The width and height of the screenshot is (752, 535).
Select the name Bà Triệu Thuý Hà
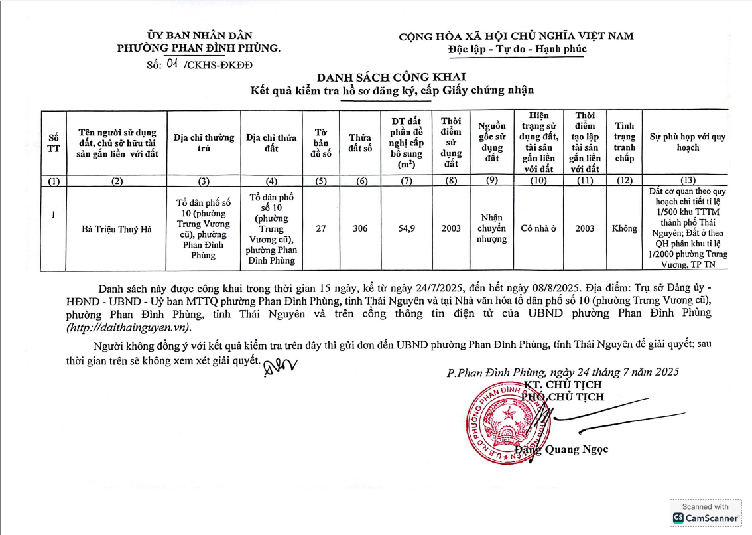(x=117, y=229)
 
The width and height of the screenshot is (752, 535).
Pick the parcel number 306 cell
(x=360, y=228)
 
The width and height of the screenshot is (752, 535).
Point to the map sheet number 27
(x=321, y=228)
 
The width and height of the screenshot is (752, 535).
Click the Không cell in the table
(x=625, y=228)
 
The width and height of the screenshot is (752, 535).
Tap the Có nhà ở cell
(x=538, y=228)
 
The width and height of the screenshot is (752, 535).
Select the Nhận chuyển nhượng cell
(x=491, y=228)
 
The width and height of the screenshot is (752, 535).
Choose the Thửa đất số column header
(x=360, y=143)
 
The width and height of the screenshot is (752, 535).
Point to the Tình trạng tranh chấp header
(x=625, y=142)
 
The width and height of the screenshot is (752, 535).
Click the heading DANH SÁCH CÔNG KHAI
(x=391, y=77)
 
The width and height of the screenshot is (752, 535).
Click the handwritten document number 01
(x=172, y=64)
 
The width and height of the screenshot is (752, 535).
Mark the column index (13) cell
(x=688, y=181)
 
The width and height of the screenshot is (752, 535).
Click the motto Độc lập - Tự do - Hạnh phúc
(x=517, y=49)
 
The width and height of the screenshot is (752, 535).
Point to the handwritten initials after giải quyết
(x=281, y=366)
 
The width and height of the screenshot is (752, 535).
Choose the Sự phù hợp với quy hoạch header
(x=688, y=142)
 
